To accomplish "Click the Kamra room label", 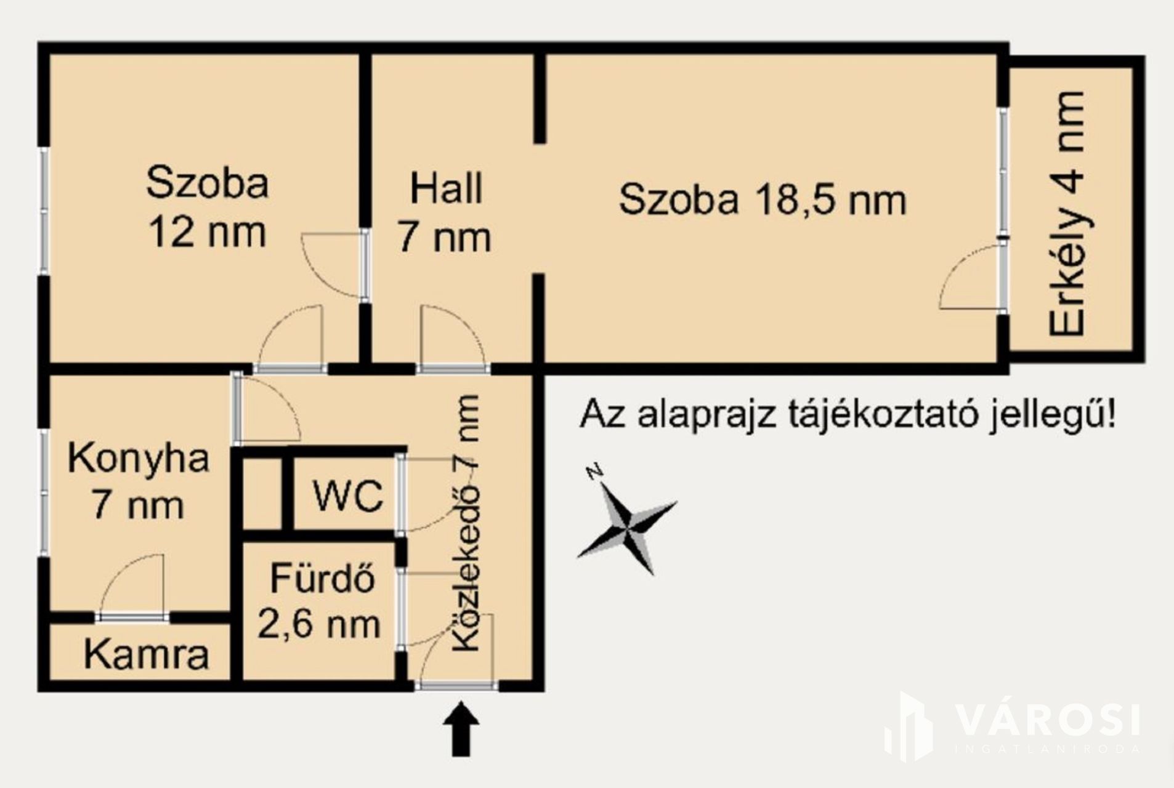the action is [x=146, y=654].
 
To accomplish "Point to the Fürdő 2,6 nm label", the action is [x=319, y=601].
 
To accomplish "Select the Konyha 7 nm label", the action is [x=138, y=482].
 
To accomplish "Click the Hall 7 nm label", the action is [x=445, y=214].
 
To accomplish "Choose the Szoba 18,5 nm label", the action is [x=763, y=200].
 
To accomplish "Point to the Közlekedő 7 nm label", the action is [x=466, y=523].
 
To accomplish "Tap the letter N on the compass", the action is [x=594, y=472].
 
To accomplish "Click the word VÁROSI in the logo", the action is [x=1047, y=720].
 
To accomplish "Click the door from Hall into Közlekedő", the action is [x=453, y=338].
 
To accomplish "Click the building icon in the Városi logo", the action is [x=909, y=726].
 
